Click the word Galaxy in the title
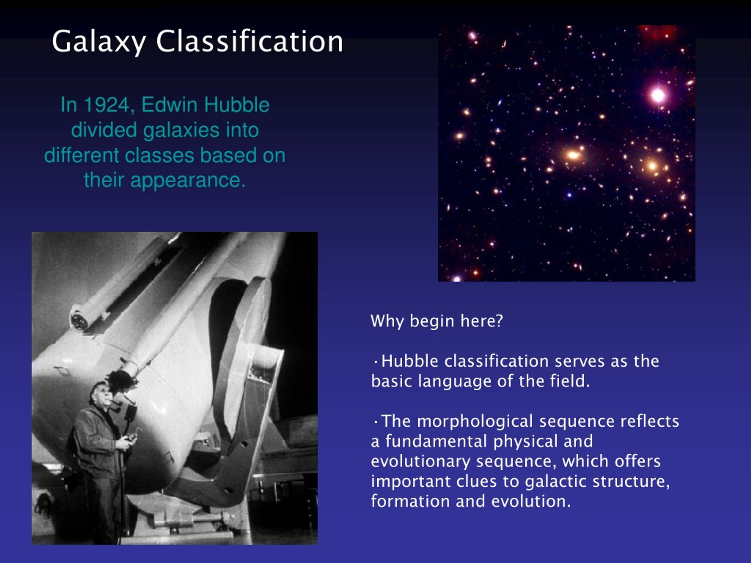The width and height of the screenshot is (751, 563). tap(99, 41)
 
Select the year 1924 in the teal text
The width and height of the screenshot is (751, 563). tap(106, 105)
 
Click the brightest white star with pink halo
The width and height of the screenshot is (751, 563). tap(658, 95)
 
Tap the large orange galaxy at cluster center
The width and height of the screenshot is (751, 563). tap(573, 155)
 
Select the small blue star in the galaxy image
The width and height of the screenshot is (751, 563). tap(569, 195)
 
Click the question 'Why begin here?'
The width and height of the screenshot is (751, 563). tap(436, 321)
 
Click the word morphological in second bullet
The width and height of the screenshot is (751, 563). tap(475, 421)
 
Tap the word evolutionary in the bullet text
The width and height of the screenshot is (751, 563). tap(420, 461)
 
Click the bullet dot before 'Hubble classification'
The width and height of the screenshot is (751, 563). tap(375, 362)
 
